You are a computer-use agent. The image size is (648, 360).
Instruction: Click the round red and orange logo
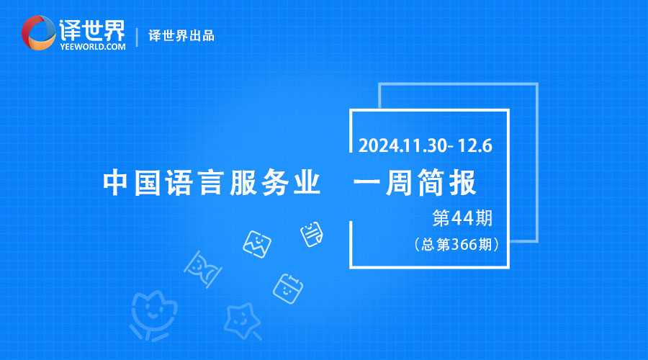(38, 32)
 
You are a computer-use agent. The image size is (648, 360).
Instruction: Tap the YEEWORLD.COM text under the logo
(93, 47)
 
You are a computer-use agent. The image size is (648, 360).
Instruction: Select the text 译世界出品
(181, 36)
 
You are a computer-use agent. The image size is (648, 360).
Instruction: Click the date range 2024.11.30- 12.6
(426, 145)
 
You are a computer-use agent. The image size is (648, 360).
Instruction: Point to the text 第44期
(462, 218)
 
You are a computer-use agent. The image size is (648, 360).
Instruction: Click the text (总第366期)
(456, 244)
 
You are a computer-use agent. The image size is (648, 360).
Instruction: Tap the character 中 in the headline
(115, 182)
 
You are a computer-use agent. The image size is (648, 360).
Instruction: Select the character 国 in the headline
(147, 182)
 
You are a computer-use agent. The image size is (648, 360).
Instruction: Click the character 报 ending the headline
(463, 182)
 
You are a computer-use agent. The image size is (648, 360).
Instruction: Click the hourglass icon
(202, 269)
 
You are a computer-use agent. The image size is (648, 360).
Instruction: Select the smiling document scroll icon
(312, 234)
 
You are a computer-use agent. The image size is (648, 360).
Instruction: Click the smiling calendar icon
(288, 289)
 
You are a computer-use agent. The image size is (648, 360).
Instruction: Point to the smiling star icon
(243, 322)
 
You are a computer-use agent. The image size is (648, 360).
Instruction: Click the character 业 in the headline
(307, 182)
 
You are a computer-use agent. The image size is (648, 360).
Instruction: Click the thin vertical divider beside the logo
(137, 37)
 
